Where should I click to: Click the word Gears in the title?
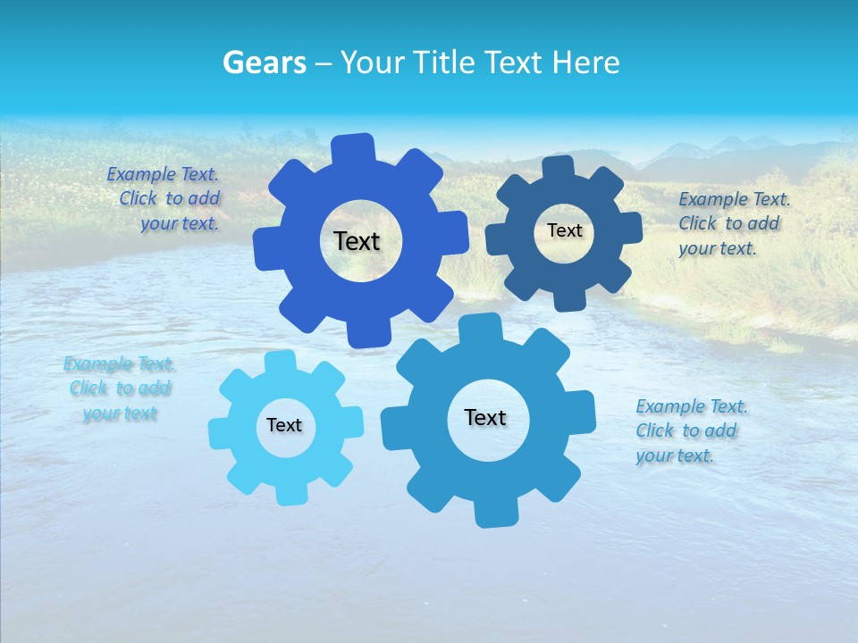[x=264, y=63]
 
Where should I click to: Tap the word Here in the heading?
[x=585, y=63]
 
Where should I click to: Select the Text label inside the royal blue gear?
[x=357, y=241]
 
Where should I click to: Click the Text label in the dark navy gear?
[x=564, y=230]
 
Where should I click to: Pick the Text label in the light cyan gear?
[x=284, y=425]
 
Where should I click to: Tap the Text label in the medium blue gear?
[x=485, y=417]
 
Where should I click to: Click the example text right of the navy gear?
[x=733, y=223]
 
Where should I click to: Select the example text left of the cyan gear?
[x=119, y=388]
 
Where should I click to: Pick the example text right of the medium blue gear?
[x=690, y=430]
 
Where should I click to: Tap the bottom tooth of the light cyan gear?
[x=288, y=493]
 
